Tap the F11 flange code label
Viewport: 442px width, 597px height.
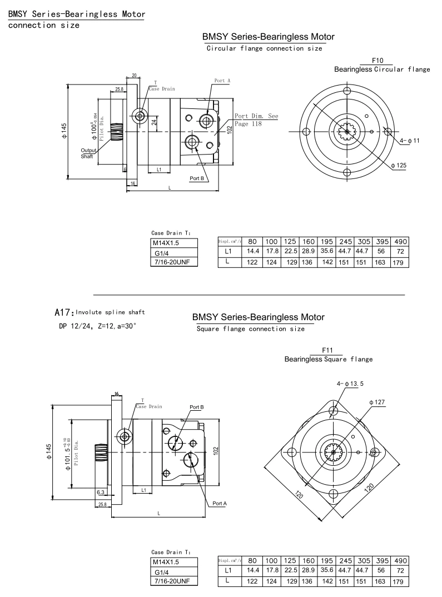point(329,351)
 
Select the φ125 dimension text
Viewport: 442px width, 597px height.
point(399,165)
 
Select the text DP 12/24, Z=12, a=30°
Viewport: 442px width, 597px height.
point(98,325)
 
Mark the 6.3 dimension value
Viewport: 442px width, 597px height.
point(101,492)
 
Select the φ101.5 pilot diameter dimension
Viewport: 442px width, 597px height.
point(68,452)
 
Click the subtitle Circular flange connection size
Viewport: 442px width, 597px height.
point(264,48)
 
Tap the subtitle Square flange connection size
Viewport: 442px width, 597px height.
point(251,329)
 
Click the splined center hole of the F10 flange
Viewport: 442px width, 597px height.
point(346,132)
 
